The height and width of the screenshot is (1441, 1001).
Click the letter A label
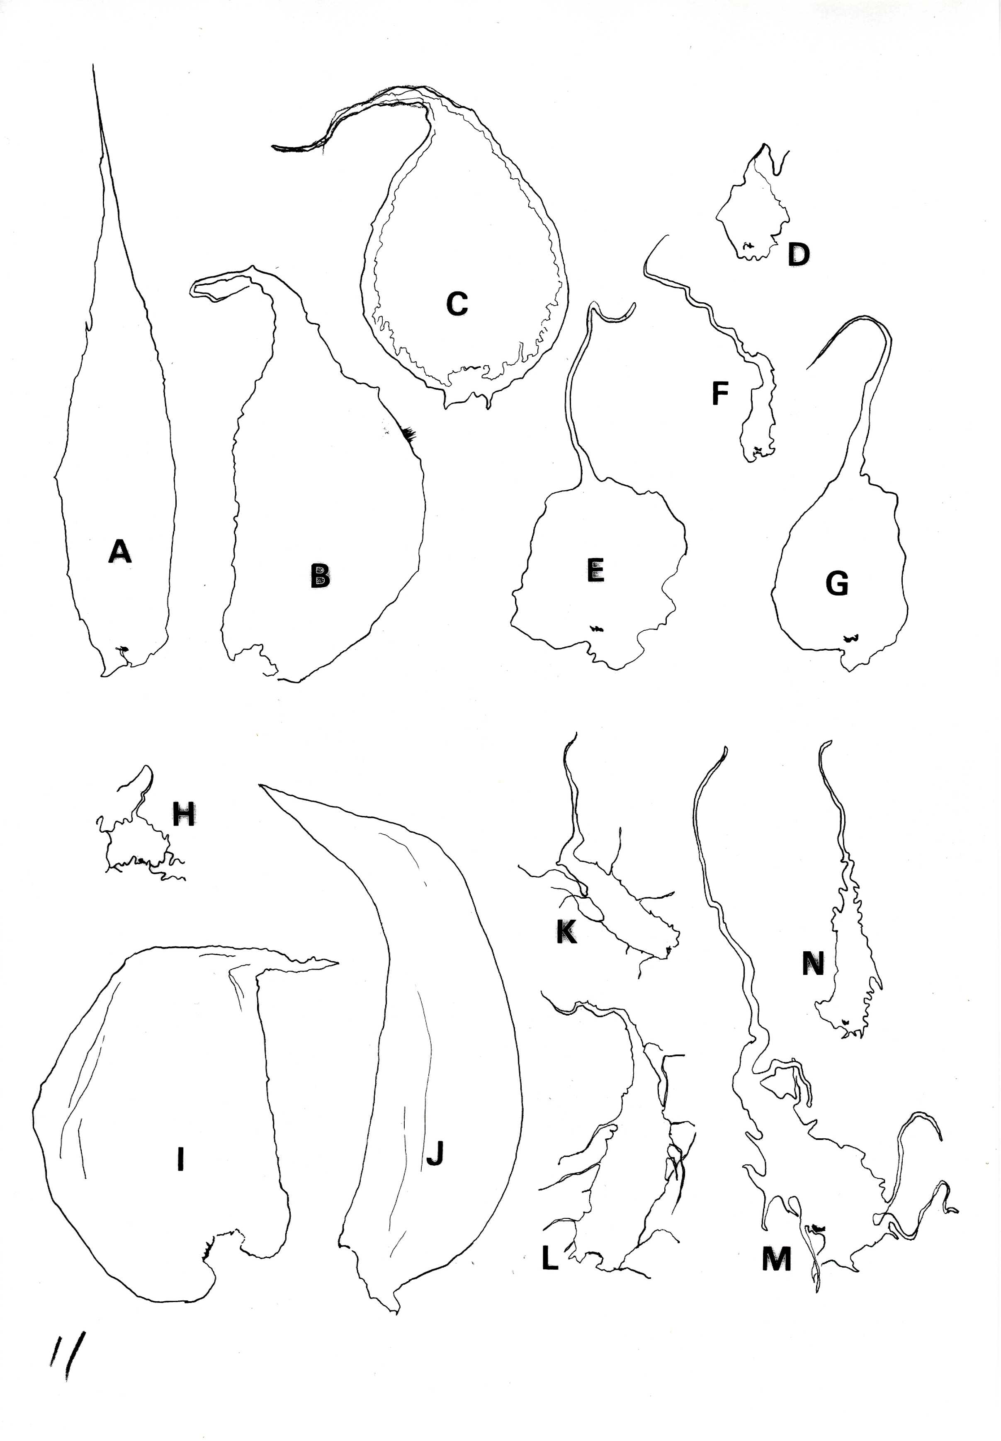(120, 552)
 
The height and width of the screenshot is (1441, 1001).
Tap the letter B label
(321, 576)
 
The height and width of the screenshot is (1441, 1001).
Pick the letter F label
(720, 393)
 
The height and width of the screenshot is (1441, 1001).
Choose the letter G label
(837, 584)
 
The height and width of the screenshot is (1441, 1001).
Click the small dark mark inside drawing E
(595, 628)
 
